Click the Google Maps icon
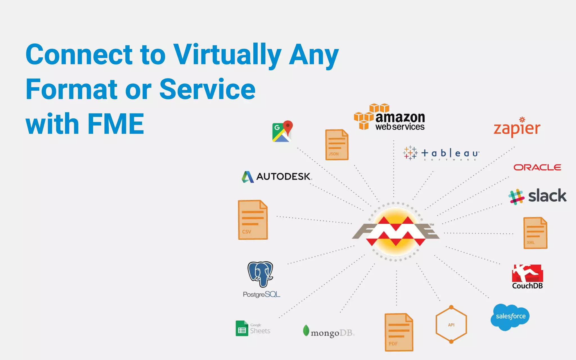pyautogui.click(x=282, y=131)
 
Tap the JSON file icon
pyautogui.click(x=337, y=145)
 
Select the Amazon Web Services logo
pyautogui.click(x=390, y=118)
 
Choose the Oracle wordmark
pyautogui.click(x=537, y=168)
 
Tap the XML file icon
pyautogui.click(x=535, y=233)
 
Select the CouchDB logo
pyautogui.click(x=527, y=276)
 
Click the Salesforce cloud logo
pyautogui.click(x=510, y=316)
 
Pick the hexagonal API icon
pyautogui.click(x=451, y=324)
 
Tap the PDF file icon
pyautogui.click(x=399, y=332)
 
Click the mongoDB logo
pyautogui.click(x=328, y=332)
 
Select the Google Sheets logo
pyautogui.click(x=253, y=328)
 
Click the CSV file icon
pyautogui.click(x=253, y=220)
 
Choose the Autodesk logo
pyautogui.click(x=276, y=177)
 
